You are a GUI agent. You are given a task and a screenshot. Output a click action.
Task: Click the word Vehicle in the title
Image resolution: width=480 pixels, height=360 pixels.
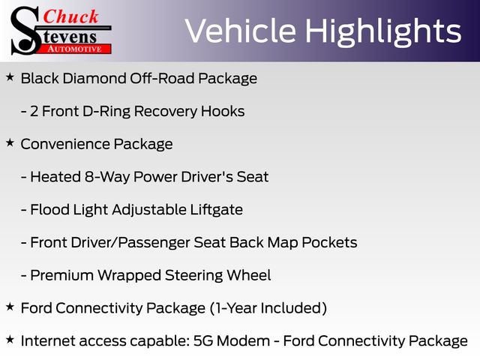(241, 31)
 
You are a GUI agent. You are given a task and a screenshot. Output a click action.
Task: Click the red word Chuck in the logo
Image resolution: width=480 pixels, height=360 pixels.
(70, 16)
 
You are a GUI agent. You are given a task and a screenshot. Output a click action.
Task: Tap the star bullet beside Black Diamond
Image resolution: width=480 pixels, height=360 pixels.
(10, 77)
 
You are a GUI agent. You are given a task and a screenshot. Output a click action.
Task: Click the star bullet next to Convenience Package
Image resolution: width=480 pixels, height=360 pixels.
(10, 142)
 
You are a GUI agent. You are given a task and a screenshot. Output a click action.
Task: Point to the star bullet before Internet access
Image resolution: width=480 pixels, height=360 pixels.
(10, 340)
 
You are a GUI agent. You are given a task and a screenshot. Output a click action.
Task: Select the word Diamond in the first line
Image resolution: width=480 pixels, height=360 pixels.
(94, 78)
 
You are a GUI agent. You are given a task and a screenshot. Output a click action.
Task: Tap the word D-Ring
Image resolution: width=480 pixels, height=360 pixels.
(106, 112)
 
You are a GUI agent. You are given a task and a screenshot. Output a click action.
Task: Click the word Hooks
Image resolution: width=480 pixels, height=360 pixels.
(223, 112)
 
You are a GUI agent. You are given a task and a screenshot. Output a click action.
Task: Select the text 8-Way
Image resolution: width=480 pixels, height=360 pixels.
(107, 177)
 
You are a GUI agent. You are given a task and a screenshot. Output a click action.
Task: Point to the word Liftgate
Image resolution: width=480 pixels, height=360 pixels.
(217, 210)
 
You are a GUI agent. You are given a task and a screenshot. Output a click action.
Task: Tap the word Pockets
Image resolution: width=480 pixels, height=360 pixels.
(329, 242)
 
